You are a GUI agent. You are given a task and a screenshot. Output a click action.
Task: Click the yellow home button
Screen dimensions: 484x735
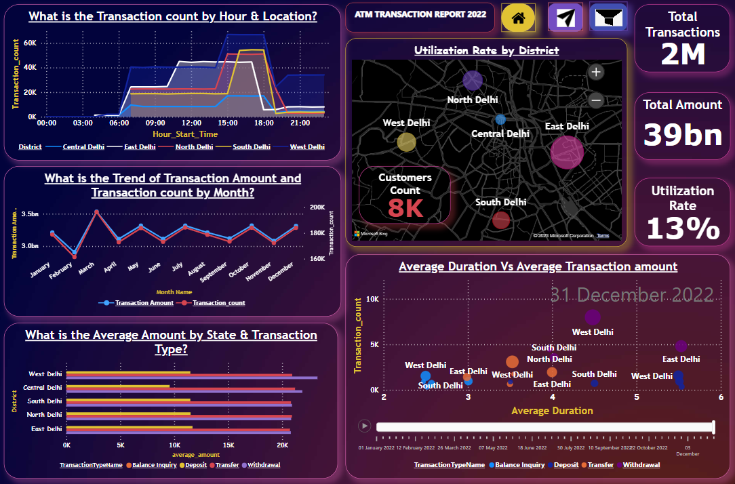tap(519, 18)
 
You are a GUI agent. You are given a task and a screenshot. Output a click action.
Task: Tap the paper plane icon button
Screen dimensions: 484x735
tap(565, 18)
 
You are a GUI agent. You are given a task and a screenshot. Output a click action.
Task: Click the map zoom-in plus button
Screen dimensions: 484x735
tap(595, 72)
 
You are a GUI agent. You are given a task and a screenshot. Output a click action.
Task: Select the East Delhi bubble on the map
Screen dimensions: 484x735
tap(567, 152)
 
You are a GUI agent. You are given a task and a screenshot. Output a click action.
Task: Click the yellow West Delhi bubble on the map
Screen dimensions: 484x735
tap(406, 142)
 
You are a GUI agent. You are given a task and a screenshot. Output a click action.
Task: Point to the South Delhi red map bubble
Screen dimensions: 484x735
tap(501, 220)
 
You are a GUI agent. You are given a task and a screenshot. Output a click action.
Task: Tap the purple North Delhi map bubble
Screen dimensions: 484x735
tap(473, 81)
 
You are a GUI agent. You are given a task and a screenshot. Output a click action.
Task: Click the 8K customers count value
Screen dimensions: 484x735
tap(405, 208)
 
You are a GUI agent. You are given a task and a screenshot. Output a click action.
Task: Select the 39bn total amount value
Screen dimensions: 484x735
tap(683, 134)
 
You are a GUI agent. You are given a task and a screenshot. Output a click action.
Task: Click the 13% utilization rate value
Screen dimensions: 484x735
tap(683, 228)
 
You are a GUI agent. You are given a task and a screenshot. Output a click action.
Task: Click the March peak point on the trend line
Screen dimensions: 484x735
tap(97, 211)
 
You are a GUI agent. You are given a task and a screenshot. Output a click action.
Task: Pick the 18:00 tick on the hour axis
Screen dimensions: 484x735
tap(264, 123)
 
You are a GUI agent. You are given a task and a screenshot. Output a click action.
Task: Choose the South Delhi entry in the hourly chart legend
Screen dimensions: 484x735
tap(252, 146)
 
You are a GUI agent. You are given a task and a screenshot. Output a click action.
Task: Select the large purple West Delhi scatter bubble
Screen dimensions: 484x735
tap(593, 317)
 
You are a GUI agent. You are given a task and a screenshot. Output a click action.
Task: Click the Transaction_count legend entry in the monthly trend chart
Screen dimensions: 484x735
tap(218, 303)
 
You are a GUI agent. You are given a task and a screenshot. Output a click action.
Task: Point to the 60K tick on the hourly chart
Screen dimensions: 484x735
tap(31, 42)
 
